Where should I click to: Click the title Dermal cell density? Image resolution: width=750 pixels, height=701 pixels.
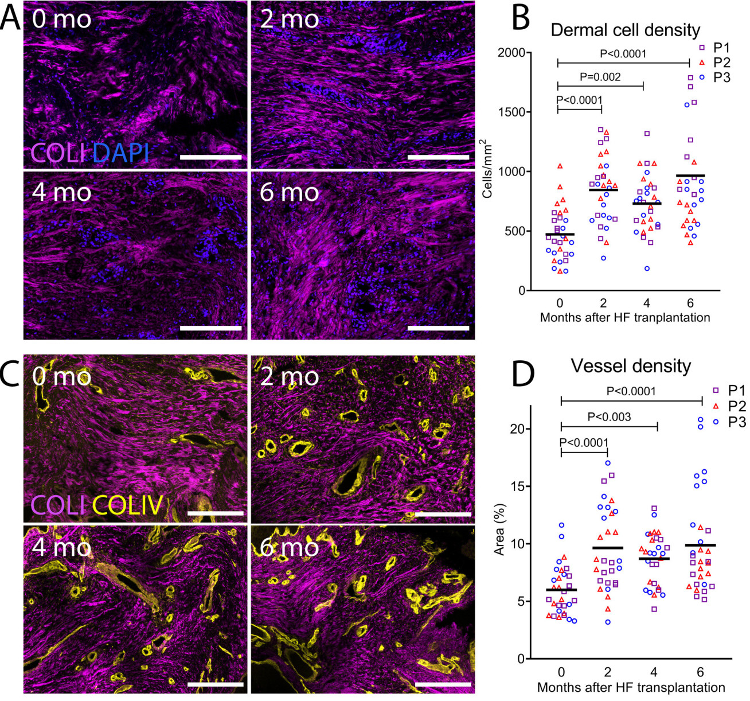pyautogui.click(x=626, y=30)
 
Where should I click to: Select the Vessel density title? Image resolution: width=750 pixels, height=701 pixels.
pyautogui.click(x=631, y=366)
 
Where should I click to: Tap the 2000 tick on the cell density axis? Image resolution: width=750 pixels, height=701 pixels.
pyautogui.click(x=511, y=53)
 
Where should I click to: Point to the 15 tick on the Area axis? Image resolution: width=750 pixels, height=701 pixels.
pyautogui.click(x=517, y=486)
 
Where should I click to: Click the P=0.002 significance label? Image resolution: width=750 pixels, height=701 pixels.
pyautogui.click(x=600, y=77)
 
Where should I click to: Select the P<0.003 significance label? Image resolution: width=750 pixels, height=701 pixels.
pyautogui.click(x=609, y=417)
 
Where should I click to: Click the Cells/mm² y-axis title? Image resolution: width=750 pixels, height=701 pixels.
pyautogui.click(x=487, y=169)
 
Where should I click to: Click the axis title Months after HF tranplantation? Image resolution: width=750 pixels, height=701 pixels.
pyautogui.click(x=625, y=317)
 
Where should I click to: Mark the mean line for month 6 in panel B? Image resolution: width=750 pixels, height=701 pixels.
pyautogui.click(x=690, y=176)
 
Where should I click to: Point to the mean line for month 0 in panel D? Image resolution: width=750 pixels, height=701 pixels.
pyautogui.click(x=561, y=590)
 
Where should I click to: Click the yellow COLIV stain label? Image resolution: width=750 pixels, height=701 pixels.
pyautogui.click(x=128, y=505)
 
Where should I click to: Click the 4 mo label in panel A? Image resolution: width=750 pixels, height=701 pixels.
pyautogui.click(x=62, y=192)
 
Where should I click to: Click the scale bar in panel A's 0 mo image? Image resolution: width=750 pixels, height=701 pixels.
pyautogui.click(x=210, y=157)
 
